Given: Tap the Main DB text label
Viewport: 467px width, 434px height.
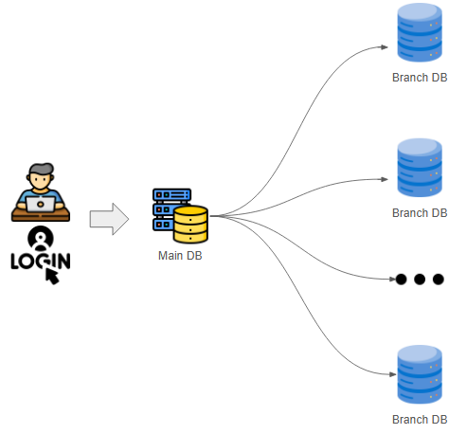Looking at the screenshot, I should click(180, 256).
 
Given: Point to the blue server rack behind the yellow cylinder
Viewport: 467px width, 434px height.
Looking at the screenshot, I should click(170, 207).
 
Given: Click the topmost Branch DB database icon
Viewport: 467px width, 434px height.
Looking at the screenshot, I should click(419, 34).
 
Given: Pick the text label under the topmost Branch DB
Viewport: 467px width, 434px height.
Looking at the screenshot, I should click(419, 78).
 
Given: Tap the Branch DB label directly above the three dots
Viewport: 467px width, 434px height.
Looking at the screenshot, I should click(419, 213).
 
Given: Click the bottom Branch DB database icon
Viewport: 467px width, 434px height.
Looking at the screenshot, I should click(419, 375).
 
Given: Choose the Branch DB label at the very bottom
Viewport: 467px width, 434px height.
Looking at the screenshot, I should click(419, 419).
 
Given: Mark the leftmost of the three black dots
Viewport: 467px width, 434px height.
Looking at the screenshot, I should click(402, 280).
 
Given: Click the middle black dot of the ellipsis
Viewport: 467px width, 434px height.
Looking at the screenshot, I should click(420, 280).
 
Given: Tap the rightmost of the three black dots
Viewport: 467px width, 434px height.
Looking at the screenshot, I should click(438, 280).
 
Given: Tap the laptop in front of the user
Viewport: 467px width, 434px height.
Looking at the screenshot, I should click(40, 202).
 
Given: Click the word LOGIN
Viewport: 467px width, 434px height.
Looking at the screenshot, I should click(40, 260).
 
